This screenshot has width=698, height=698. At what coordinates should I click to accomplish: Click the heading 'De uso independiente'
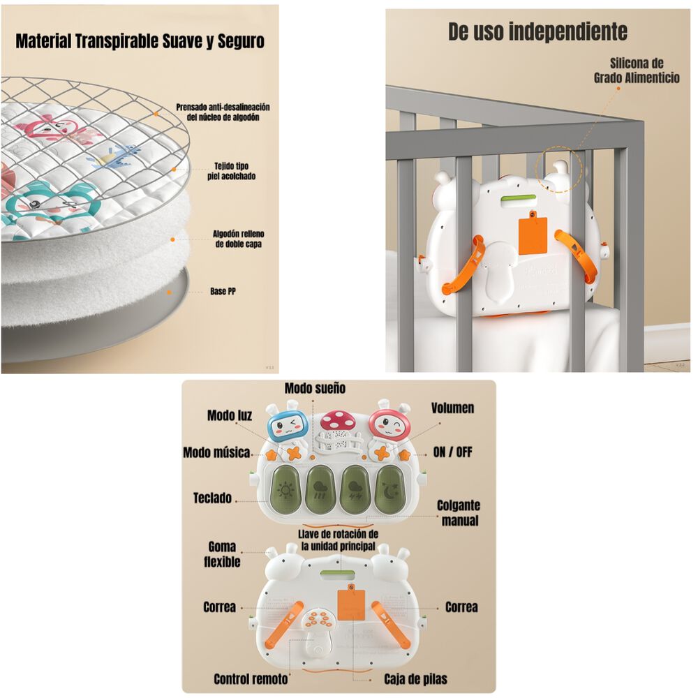537,31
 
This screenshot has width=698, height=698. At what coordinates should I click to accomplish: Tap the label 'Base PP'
223,291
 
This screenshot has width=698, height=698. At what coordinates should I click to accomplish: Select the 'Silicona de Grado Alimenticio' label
636,70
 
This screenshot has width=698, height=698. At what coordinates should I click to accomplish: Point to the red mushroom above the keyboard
336,420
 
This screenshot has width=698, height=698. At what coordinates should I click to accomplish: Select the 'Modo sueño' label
315,388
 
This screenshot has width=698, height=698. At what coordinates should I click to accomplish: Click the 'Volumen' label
452,408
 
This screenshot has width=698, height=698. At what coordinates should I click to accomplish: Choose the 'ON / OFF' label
452,452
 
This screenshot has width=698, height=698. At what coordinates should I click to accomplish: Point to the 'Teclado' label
212,498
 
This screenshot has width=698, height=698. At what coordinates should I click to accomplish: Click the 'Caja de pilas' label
415,678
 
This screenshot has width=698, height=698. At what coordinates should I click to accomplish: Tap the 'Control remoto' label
251,678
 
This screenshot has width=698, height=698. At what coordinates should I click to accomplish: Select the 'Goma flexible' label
222,554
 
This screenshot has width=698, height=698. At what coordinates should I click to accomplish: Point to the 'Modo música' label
216,453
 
